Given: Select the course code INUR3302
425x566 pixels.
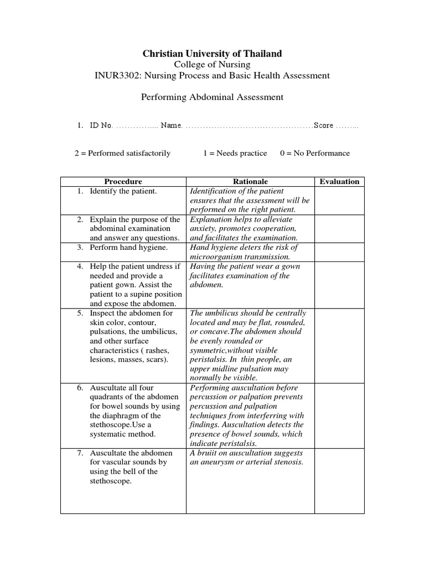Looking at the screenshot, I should click(x=116, y=75).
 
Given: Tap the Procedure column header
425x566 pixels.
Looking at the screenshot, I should click(x=123, y=181).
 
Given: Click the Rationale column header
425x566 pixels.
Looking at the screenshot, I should click(x=250, y=181).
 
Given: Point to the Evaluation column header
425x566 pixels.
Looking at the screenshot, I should click(x=339, y=181).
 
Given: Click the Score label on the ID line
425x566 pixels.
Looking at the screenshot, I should click(x=324, y=125).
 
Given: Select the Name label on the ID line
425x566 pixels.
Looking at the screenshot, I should click(x=171, y=125).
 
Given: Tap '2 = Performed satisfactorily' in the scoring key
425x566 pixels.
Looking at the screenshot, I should click(x=122, y=153).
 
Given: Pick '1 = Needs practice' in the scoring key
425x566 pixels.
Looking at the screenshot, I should click(x=235, y=153).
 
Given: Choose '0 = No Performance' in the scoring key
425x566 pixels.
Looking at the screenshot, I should click(x=314, y=153).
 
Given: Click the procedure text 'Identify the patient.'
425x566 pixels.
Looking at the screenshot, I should click(x=123, y=191).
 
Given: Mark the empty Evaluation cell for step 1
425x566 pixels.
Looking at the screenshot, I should click(x=339, y=201).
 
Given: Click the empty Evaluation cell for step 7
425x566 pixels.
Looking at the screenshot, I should click(x=339, y=481).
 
